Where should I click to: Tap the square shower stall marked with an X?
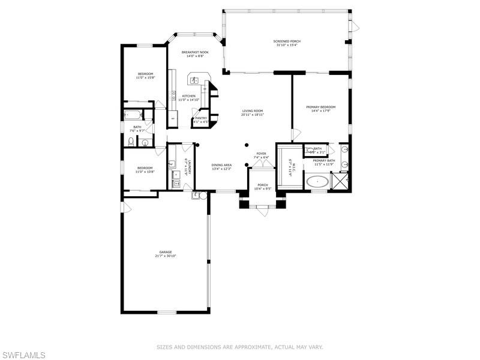(x=341, y=181)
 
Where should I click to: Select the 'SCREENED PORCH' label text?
(x=287, y=41)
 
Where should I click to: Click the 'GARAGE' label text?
(x=166, y=251)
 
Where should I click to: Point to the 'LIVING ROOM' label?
(x=253, y=110)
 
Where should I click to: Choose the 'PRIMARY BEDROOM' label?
(x=320, y=107)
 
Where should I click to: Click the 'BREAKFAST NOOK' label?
(x=196, y=52)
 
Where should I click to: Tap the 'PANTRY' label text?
(x=200, y=118)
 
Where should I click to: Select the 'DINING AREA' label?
(x=221, y=164)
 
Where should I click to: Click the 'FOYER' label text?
(x=261, y=154)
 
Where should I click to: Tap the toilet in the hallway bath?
(x=132, y=142)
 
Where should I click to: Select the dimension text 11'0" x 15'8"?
(x=145, y=77)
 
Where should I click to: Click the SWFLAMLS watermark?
(x=23, y=355)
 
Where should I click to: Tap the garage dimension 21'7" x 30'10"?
(x=166, y=256)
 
